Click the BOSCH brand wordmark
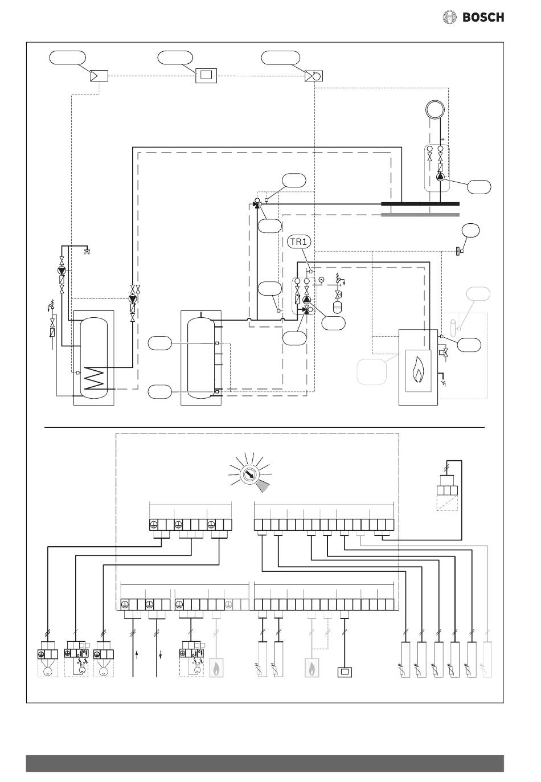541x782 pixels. [x=483, y=17]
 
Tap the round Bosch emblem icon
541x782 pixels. [x=449, y=17]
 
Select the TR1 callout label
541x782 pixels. [x=300, y=241]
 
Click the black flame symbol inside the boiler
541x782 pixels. [x=418, y=370]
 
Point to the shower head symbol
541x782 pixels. [x=87, y=251]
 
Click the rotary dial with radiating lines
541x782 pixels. [x=249, y=474]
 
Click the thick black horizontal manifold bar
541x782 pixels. [x=420, y=204]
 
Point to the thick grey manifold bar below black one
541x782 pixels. [x=420, y=215]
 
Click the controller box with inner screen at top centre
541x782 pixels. [x=206, y=76]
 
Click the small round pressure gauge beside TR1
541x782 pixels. [x=321, y=279]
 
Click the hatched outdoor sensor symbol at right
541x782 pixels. [x=457, y=251]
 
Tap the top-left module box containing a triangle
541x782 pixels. [x=99, y=76]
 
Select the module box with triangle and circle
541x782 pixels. [x=314, y=76]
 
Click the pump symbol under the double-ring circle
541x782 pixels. [x=440, y=177]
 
